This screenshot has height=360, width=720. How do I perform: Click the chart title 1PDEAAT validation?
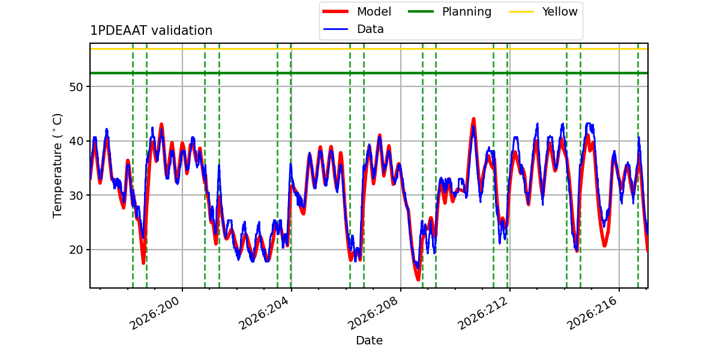(x=151, y=31)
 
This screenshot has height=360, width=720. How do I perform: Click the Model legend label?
(x=374, y=11)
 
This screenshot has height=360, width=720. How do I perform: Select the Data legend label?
(x=370, y=29)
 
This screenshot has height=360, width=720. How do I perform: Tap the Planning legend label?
(x=467, y=11)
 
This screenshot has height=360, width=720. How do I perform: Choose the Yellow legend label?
(x=560, y=11)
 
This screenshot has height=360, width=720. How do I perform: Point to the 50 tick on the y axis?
(x=76, y=87)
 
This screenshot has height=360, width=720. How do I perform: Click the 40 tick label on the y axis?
(x=76, y=142)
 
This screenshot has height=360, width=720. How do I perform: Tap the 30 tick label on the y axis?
(x=76, y=196)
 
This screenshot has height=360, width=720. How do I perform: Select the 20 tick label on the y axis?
(x=76, y=250)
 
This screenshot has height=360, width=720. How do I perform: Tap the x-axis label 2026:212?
(x=482, y=313)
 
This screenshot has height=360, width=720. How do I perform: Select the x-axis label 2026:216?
(x=592, y=313)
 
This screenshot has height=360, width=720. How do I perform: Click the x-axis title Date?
(x=369, y=340)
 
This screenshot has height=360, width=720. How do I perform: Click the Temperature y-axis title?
(x=57, y=166)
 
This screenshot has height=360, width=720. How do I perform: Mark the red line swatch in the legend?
(x=335, y=11)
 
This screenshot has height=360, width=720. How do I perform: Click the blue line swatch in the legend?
(x=335, y=29)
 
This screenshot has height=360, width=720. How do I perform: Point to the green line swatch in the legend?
(x=421, y=11)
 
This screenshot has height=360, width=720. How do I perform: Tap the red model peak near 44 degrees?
(x=473, y=119)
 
